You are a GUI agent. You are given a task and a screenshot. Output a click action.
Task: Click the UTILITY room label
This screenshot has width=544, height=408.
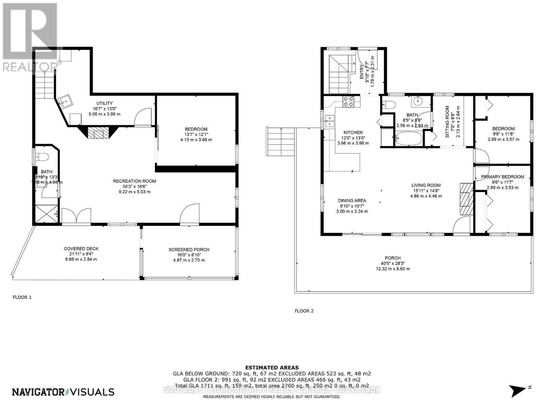104,103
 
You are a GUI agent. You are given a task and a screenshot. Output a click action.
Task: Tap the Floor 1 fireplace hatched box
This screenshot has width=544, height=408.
98,133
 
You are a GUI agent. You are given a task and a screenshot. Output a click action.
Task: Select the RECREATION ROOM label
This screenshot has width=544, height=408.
135,181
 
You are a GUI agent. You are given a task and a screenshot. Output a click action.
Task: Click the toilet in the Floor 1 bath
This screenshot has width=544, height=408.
43,157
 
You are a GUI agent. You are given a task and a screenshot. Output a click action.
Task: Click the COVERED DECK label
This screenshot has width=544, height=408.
81,249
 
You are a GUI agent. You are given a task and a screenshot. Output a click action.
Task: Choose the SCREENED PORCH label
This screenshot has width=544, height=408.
189,250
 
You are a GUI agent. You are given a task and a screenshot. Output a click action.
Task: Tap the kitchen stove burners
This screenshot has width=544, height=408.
348,102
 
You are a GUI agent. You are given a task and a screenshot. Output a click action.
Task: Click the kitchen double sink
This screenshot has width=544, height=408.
329,121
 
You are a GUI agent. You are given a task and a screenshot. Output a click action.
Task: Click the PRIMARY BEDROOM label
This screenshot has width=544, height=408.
502,177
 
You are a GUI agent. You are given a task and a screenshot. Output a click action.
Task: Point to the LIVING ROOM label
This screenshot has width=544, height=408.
426,185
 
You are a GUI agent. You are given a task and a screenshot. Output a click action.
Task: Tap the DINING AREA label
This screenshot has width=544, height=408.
352,201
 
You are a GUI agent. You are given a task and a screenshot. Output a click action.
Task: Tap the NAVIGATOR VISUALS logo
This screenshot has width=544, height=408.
63,392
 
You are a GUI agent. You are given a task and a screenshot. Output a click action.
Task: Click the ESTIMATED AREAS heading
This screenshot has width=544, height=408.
272,368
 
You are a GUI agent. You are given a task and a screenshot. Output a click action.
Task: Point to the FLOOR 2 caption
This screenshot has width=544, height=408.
304,311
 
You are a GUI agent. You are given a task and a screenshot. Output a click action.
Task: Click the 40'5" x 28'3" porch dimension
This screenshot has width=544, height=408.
393,263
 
